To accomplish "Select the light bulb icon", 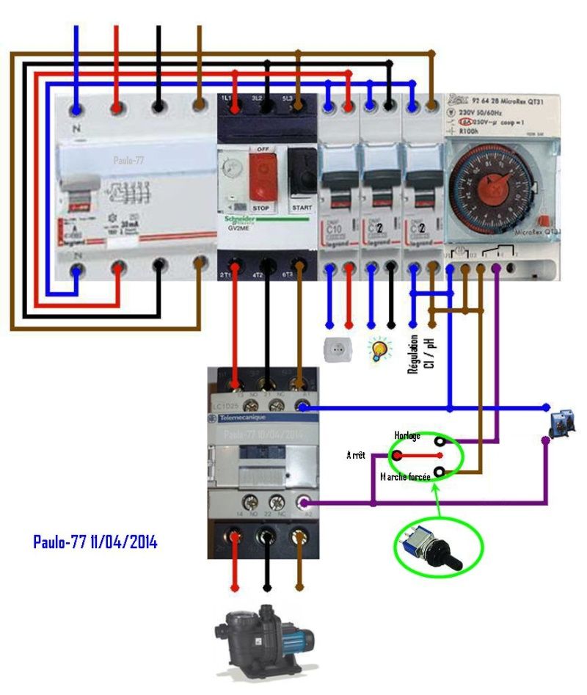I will [x=379, y=349].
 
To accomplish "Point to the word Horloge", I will [x=407, y=437].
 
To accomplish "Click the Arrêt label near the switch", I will [x=357, y=456].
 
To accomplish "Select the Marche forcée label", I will [x=404, y=476].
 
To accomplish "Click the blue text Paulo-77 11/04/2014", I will [x=95, y=542].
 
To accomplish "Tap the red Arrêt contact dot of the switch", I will [x=397, y=456].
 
